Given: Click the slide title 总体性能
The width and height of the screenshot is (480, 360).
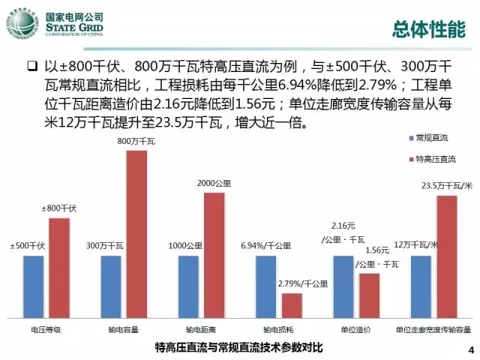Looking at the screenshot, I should click(x=428, y=28).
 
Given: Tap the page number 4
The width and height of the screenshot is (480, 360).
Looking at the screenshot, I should click(x=470, y=349).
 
